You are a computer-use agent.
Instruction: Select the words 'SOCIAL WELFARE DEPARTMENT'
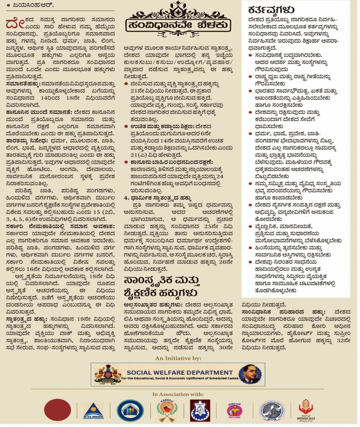tap(180, 372)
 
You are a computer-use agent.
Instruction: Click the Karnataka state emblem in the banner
tap(108, 374)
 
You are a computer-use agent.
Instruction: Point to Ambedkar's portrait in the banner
tap(250, 374)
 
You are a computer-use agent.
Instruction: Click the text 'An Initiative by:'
tap(178, 358)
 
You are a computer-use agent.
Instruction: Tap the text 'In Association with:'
tap(178, 394)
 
